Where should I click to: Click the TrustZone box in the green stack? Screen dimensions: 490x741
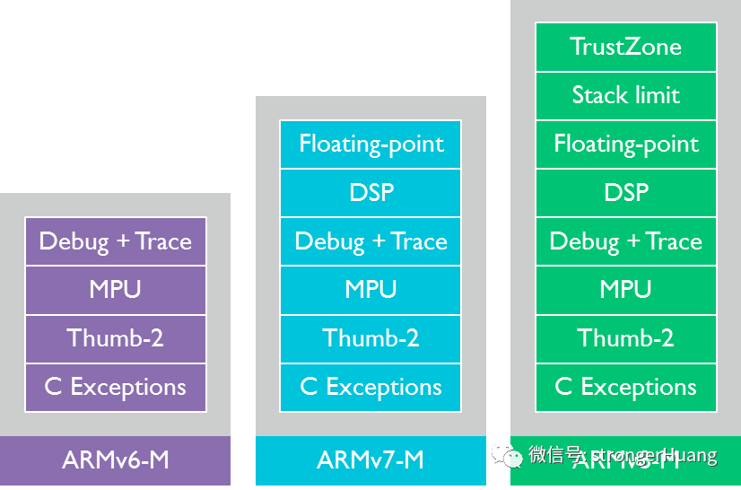click(x=625, y=47)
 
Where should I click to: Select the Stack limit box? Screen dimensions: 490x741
click(x=625, y=95)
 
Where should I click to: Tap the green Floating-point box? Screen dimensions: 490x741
click(x=625, y=144)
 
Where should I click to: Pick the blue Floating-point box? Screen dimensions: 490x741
click(x=370, y=144)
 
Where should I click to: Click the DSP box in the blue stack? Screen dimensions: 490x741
click(x=370, y=192)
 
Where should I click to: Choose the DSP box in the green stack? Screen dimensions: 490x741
click(x=625, y=192)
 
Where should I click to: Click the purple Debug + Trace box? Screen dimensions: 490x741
click(x=116, y=241)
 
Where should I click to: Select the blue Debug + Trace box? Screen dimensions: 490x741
click(x=370, y=241)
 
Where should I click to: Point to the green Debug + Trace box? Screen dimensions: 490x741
click(x=625, y=241)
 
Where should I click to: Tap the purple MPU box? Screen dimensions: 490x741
click(x=116, y=289)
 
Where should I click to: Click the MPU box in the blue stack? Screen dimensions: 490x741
click(x=370, y=289)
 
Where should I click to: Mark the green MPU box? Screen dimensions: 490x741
click(x=625, y=289)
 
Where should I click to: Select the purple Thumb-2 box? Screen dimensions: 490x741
click(x=116, y=338)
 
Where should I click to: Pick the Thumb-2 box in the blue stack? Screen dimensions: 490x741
click(x=370, y=338)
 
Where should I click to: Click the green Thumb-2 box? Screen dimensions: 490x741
click(x=625, y=338)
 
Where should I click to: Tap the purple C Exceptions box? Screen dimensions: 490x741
click(x=116, y=387)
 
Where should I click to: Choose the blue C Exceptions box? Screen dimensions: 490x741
click(x=370, y=387)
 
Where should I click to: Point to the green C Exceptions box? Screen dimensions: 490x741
click(x=625, y=387)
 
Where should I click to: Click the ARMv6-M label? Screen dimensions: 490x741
click(x=116, y=460)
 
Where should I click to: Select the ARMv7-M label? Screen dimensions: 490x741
click(x=370, y=460)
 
